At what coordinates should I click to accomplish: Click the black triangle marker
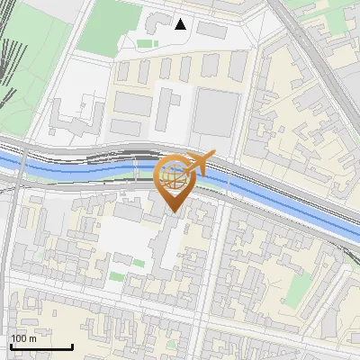(x=181, y=24)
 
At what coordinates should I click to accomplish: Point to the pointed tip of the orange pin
(x=173, y=211)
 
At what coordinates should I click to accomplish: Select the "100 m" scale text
(x=23, y=338)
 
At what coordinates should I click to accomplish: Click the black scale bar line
(x=41, y=346)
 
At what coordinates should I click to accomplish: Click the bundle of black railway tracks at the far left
(x=9, y=72)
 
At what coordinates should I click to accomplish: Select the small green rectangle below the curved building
(x=144, y=42)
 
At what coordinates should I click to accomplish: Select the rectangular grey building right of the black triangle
(x=212, y=30)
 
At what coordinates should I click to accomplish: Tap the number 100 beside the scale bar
(x=19, y=338)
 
